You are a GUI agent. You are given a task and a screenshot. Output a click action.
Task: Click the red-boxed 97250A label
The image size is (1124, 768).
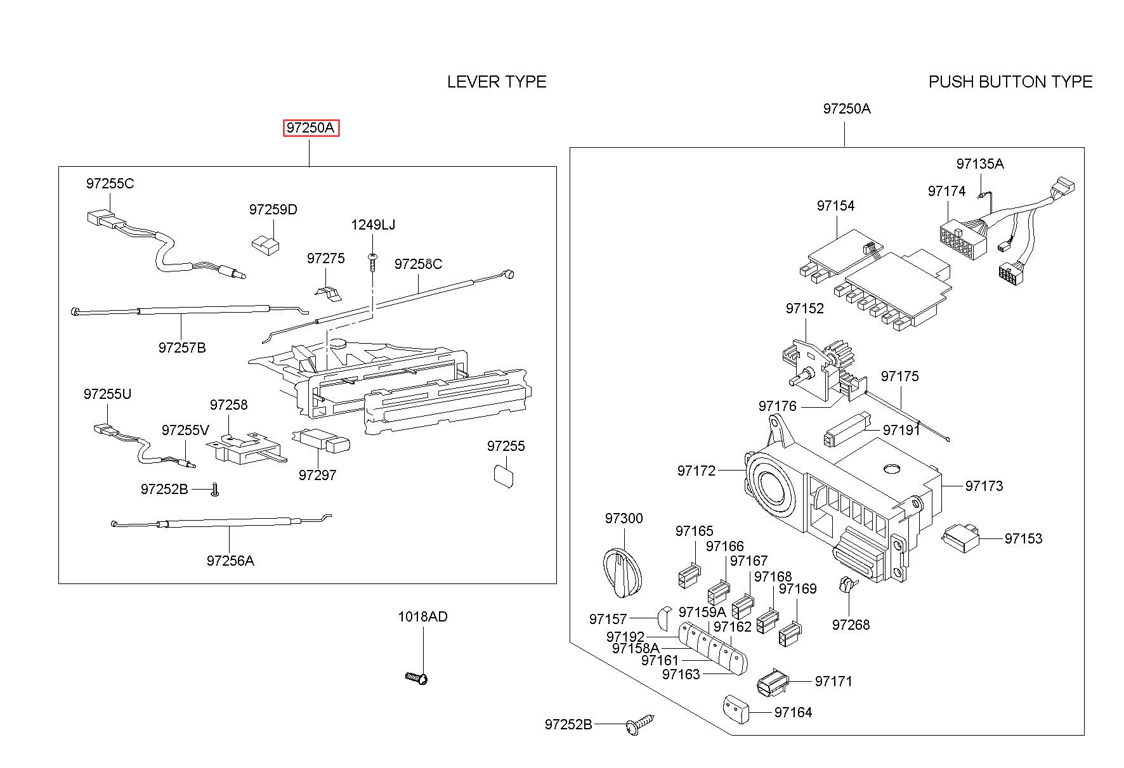coord(311,128)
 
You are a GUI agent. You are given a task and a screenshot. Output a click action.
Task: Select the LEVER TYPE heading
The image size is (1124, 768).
coord(497,82)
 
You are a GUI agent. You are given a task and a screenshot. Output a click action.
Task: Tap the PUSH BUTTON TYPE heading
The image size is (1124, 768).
coord(1010,82)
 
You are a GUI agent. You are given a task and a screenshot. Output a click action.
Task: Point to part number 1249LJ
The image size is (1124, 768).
coord(373,225)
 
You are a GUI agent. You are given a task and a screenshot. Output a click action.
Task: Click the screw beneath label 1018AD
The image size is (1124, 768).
coord(417,678)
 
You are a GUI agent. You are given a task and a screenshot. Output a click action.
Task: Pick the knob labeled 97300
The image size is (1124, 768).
coord(622,573)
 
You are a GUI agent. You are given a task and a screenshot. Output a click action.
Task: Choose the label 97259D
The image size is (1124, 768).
coord(273,209)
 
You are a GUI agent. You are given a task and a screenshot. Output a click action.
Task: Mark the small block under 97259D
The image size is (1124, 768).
coord(265,244)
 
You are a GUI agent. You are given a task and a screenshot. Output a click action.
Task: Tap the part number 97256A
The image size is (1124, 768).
coord(230,561)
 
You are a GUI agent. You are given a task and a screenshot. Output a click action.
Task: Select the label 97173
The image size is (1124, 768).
coord(984,486)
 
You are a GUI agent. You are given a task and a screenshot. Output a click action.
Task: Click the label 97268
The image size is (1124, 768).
coord(851,625)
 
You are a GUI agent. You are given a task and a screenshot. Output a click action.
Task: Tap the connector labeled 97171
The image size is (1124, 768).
coord(773,682)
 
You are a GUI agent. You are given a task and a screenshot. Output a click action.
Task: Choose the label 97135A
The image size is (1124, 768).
coord(979,164)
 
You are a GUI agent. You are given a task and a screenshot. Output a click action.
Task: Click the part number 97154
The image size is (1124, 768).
coord(835,205)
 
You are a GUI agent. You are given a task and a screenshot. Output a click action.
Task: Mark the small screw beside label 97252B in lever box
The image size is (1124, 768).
coord(214,490)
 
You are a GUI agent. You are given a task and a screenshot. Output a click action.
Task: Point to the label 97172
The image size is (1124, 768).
coord(696,471)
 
